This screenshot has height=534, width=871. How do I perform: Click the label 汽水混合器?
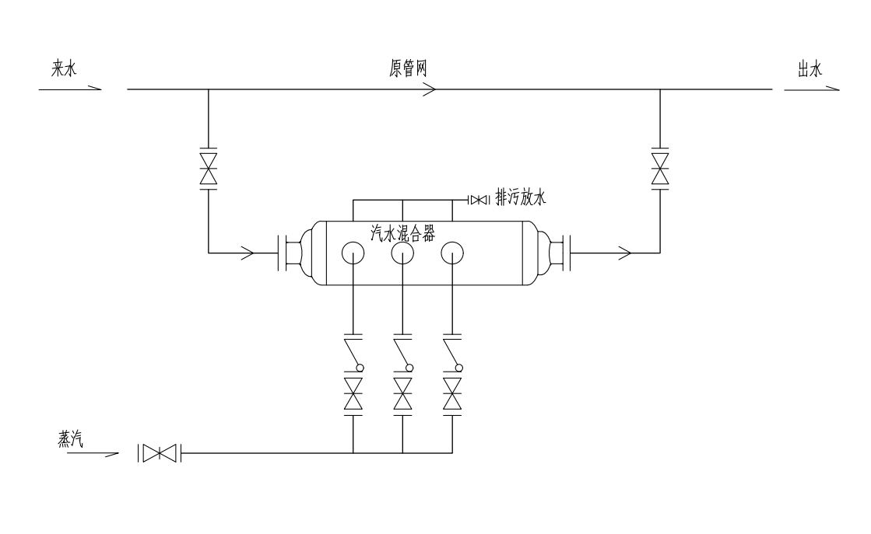pos(402,232)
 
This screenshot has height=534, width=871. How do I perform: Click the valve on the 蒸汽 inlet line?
pos(160,452)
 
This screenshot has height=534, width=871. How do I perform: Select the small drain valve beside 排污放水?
pos(478,201)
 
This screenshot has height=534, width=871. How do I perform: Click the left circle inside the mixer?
pos(353,253)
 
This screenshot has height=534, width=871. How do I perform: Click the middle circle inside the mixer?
pos(402,253)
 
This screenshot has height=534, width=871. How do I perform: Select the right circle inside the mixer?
pos(451,253)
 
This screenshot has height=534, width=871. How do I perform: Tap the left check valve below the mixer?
pos(354,354)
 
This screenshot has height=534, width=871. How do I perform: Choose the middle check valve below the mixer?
pos(403,354)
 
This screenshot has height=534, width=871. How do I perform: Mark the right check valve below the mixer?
pos(452,354)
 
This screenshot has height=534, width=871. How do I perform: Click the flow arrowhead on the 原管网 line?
pos(429,89)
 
